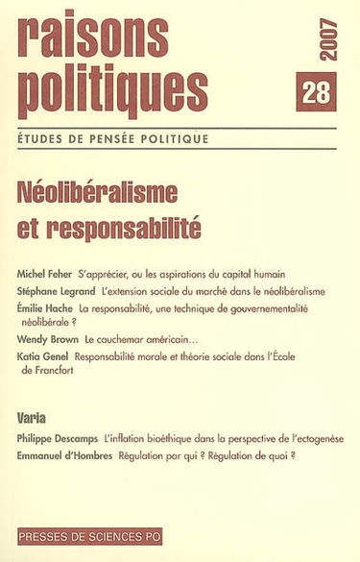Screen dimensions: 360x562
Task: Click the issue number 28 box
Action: (x=316, y=90)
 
